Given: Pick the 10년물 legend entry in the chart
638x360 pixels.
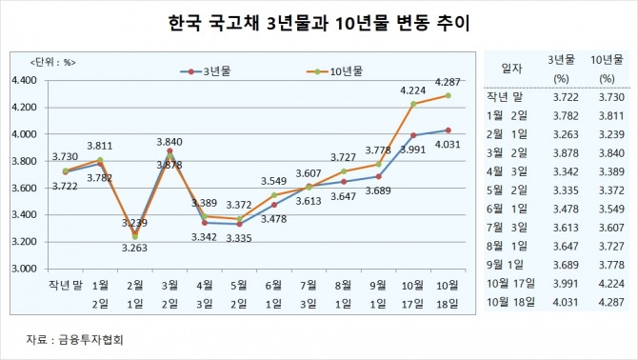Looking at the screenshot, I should (339, 70).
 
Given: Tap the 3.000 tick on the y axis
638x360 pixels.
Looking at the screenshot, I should (22, 270).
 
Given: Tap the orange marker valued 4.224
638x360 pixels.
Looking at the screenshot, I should (412, 104).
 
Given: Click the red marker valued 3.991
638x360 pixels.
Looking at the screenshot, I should (412, 135).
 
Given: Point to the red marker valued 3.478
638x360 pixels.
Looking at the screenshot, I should (274, 204).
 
